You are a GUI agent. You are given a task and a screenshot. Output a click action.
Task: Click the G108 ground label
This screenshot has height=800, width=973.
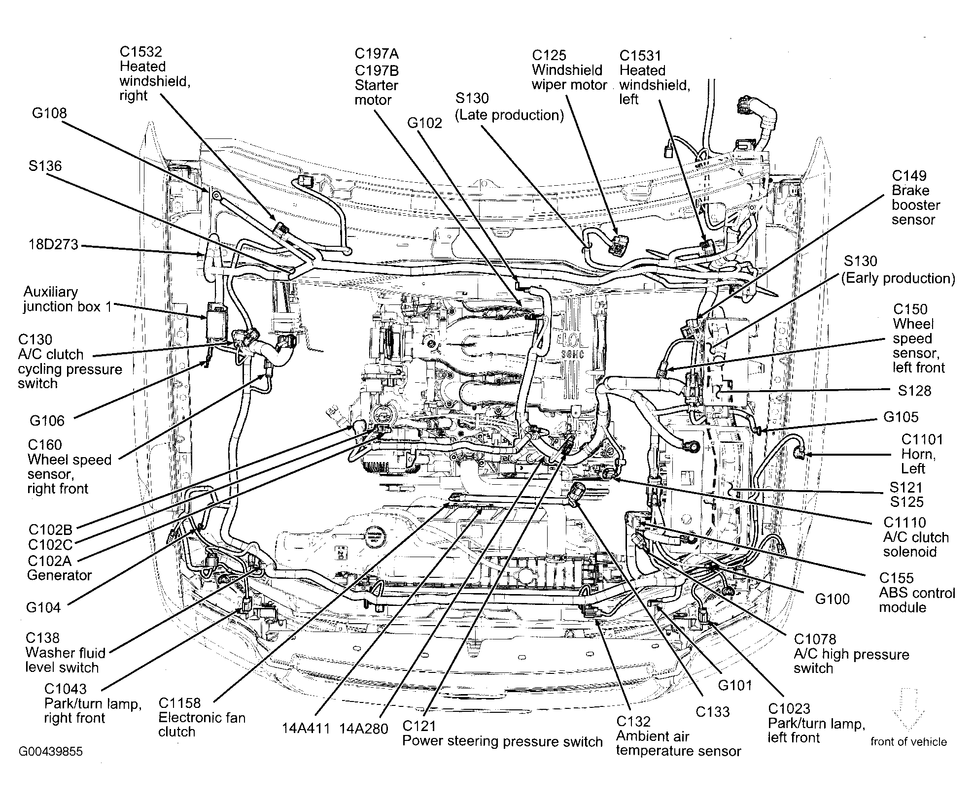(49, 113)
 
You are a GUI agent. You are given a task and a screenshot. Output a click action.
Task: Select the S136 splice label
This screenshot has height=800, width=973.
(45, 166)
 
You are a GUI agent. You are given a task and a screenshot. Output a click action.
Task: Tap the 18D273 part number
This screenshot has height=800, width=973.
(53, 244)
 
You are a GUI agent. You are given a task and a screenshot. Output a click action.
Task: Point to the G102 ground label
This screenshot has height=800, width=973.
(425, 123)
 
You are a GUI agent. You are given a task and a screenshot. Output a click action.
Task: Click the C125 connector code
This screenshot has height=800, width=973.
(549, 55)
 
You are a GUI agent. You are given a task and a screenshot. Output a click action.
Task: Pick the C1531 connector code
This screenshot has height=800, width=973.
(640, 56)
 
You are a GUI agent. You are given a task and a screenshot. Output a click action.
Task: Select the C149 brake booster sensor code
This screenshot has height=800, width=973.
(909, 176)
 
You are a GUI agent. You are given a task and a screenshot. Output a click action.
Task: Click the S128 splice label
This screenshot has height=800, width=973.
(914, 391)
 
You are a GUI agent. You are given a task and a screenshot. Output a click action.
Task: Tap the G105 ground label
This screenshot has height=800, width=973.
(901, 417)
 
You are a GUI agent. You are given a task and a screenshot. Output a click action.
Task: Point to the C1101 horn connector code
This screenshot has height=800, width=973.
(922, 439)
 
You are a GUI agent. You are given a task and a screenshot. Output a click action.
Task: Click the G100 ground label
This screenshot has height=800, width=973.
(833, 599)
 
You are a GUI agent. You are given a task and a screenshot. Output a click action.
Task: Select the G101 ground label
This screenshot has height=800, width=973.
(735, 685)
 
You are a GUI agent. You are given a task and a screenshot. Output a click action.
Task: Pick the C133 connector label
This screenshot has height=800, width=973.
(713, 711)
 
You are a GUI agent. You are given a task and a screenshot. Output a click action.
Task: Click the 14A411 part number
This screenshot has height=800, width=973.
(306, 729)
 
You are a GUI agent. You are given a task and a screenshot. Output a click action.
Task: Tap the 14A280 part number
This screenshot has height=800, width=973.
(364, 729)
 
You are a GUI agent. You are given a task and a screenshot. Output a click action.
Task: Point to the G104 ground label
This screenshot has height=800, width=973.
(44, 607)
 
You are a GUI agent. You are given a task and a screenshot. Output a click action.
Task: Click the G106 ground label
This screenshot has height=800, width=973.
(47, 421)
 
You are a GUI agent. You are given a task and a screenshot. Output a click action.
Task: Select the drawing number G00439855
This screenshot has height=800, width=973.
(51, 752)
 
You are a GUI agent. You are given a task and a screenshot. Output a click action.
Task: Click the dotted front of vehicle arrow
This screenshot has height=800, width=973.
(908, 710)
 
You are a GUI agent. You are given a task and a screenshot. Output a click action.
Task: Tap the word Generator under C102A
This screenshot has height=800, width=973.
(59, 575)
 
